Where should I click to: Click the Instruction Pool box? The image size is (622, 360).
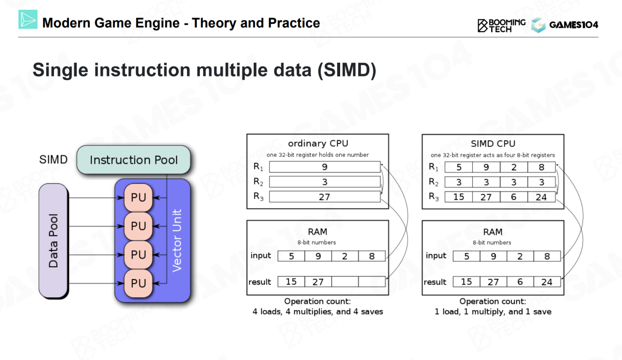pos(134,160)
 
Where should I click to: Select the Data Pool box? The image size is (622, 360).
pos(53,240)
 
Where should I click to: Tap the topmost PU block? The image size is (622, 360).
pos(138,198)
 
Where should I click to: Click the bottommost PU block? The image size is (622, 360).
pos(138,283)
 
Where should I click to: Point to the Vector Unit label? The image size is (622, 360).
pos(177,240)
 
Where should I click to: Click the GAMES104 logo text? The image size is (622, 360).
pos(573,25)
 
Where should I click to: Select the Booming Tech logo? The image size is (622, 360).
pos(501,25)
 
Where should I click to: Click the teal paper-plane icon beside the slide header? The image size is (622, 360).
pos(28,19)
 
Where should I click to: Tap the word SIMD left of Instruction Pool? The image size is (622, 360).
pos(53,160)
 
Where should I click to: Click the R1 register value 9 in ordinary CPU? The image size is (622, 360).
pos(325,167)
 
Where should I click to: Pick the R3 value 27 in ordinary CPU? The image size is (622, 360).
pos(325,197)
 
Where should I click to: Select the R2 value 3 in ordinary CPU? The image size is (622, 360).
pos(325,182)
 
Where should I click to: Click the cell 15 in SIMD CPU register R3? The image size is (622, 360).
pos(458,197)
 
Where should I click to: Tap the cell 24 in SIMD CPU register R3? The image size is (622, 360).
pos(541,197)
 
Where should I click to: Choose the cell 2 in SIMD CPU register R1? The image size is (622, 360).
pos(514,167)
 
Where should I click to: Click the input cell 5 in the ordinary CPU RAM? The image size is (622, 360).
pos(291,256)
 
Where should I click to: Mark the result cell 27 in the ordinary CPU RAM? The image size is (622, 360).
pos(318,282)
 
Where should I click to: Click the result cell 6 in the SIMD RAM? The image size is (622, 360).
pos(520,282)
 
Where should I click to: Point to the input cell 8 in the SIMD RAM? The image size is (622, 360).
pos(547,256)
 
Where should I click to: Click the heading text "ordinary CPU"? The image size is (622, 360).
pos(318,143)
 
